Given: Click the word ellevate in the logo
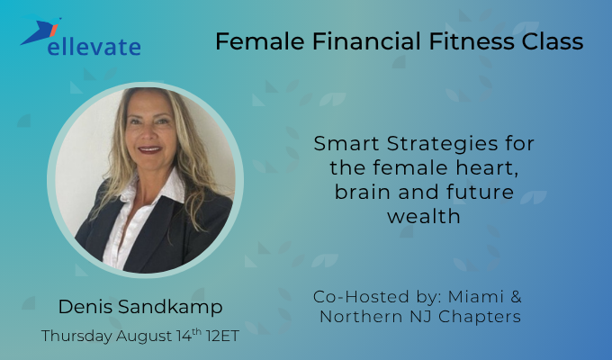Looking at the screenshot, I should tap(94, 44).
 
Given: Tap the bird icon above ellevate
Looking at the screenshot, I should tap(43, 32).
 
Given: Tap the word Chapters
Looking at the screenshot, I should tap(483, 317).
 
